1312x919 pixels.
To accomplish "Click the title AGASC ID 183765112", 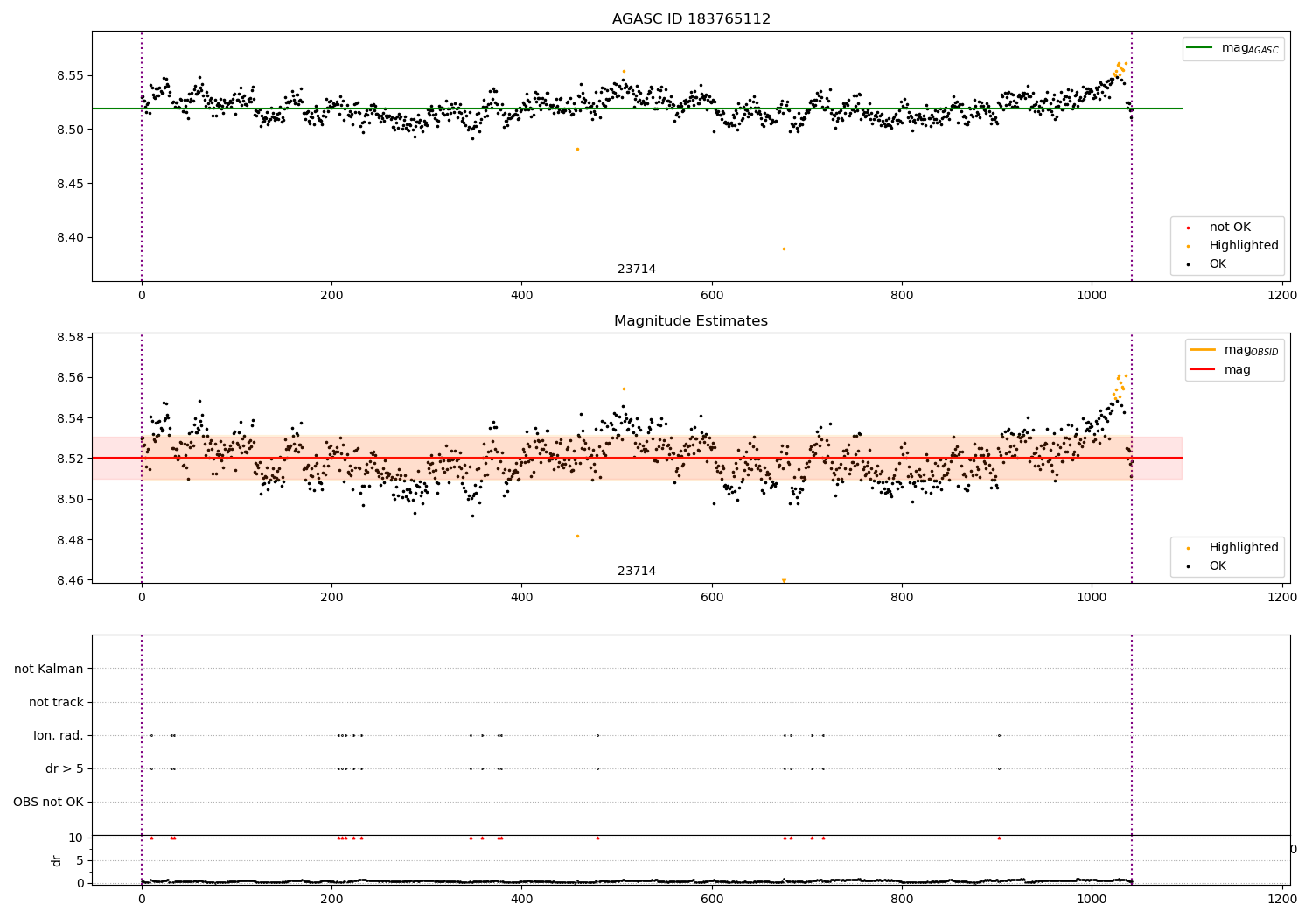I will click(691, 19).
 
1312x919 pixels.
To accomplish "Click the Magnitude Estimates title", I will click(691, 321).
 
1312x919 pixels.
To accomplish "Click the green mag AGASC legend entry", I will click(1234, 48).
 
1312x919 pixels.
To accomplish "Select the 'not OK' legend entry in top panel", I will click(1229, 228).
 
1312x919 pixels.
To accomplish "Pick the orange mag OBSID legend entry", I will click(1235, 350).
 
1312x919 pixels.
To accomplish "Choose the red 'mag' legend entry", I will click(1236, 369).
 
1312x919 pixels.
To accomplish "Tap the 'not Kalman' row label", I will click(49, 669).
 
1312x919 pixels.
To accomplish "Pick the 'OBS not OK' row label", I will click(48, 802).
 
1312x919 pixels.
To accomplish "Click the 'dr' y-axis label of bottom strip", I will click(57, 860).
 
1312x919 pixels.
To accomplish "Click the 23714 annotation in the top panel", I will click(637, 270).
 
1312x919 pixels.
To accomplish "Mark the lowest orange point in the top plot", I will click(784, 249).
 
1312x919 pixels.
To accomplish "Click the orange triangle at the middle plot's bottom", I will click(784, 579).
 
